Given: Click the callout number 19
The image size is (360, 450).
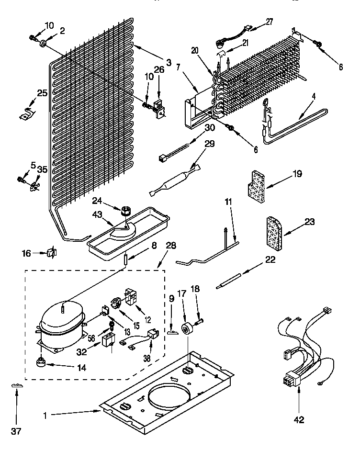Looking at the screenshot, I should [297, 175].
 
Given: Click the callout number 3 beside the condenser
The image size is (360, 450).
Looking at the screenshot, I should [169, 62].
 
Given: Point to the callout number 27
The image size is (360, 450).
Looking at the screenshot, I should [270, 21].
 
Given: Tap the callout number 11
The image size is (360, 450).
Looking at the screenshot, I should [228, 202].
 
